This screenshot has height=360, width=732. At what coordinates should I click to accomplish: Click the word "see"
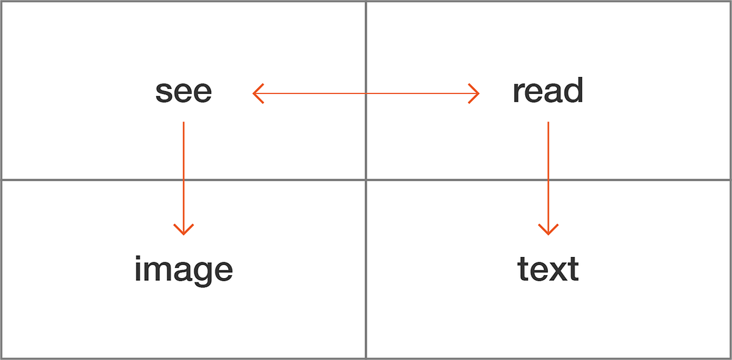coord(184,92)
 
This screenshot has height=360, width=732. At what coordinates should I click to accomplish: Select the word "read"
coord(548,92)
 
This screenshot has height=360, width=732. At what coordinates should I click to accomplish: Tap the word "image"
coord(184,269)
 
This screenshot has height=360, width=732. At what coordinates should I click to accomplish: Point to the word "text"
coord(548,269)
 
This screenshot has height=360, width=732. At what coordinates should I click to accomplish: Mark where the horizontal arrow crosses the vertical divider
coord(366,93)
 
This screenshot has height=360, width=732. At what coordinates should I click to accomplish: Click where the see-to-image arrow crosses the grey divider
coord(184,179)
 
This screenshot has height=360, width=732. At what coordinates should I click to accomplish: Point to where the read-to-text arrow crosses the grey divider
coord(548,179)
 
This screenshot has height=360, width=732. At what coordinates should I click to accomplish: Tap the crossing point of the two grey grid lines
coord(366,179)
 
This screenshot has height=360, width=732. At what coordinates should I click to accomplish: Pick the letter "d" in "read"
coord(573,91)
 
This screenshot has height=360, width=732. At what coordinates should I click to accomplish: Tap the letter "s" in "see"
coord(163,92)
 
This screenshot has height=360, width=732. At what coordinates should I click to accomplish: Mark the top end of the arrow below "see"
coord(184,123)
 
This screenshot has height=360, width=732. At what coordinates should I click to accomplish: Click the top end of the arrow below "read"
coord(548,123)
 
